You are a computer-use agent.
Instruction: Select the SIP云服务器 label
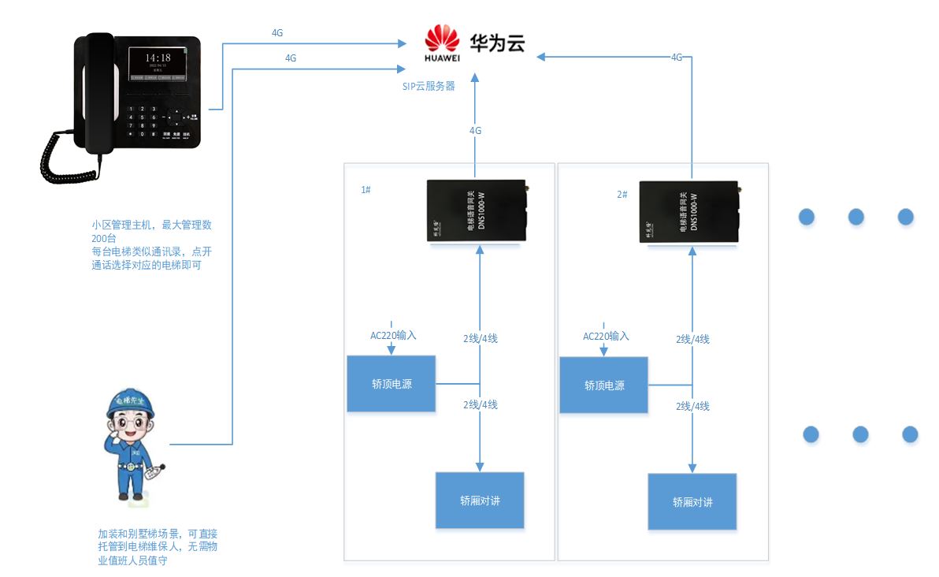pos(429,87)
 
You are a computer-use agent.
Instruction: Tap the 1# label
pos(366,190)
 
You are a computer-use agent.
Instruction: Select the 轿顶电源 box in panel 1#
pos(392,384)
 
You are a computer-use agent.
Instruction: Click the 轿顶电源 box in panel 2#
pos(603,385)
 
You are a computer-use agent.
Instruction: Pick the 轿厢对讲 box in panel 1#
pos(480,501)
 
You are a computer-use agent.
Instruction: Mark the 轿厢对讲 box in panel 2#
pos(692,502)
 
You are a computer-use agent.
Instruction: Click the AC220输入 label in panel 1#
pos(393,335)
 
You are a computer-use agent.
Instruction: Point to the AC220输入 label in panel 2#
pos(606,336)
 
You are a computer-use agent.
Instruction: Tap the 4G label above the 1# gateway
pos(475,131)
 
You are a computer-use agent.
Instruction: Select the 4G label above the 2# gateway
pos(677,58)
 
